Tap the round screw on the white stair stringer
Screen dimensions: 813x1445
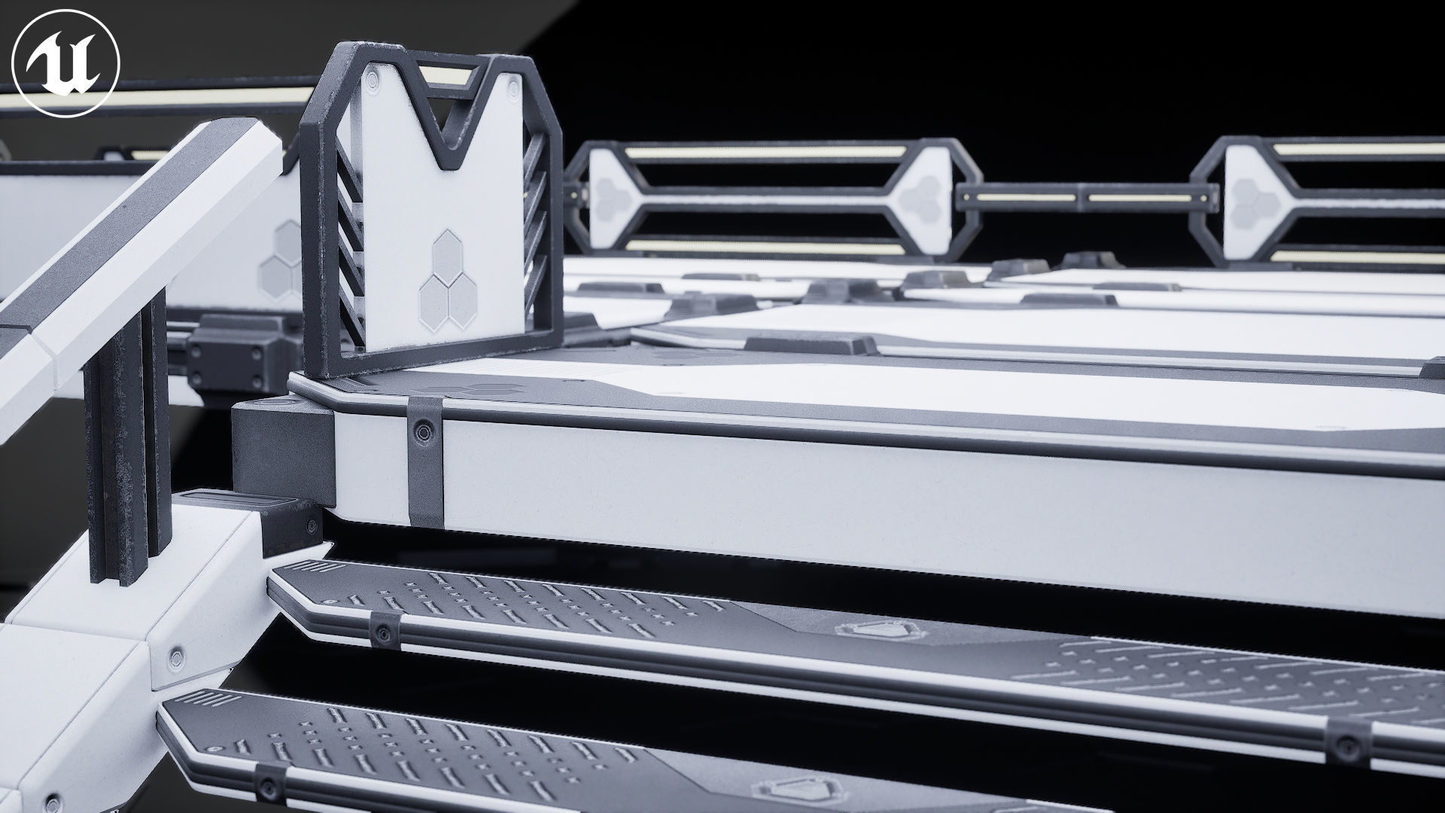pyautogui.click(x=178, y=656)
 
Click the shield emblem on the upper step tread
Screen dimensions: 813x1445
pyautogui.click(x=877, y=630)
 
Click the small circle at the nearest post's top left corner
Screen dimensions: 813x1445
pyautogui.click(x=373, y=76)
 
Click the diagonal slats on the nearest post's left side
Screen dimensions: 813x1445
pyautogui.click(x=346, y=256)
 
